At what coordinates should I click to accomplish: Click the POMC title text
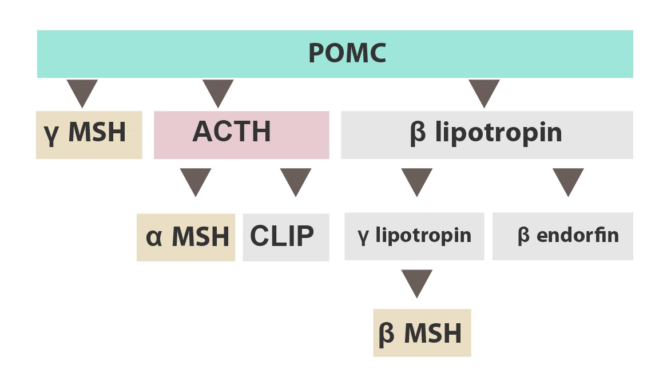[x=347, y=53]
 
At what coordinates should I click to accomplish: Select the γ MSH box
[x=89, y=135]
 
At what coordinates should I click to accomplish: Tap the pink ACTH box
[x=241, y=135]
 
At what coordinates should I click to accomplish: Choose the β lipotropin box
[x=487, y=135]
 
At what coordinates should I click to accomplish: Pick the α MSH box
[x=186, y=237]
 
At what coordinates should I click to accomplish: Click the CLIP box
[x=286, y=237]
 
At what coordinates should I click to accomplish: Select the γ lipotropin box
[x=414, y=236]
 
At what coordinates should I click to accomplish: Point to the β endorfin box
[x=563, y=236]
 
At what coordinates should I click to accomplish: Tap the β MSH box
[x=422, y=332]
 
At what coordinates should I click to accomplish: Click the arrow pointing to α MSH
[x=196, y=180]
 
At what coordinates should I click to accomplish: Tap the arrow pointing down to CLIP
[x=296, y=180]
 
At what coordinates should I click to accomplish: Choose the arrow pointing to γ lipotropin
[x=417, y=180]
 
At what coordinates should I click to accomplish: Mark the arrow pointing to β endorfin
[x=568, y=180]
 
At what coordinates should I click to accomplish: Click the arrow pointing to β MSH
[x=417, y=281]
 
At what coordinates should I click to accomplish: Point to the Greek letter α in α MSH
[x=154, y=239]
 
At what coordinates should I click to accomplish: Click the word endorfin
[x=578, y=235]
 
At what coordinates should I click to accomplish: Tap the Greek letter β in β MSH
[x=387, y=334]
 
